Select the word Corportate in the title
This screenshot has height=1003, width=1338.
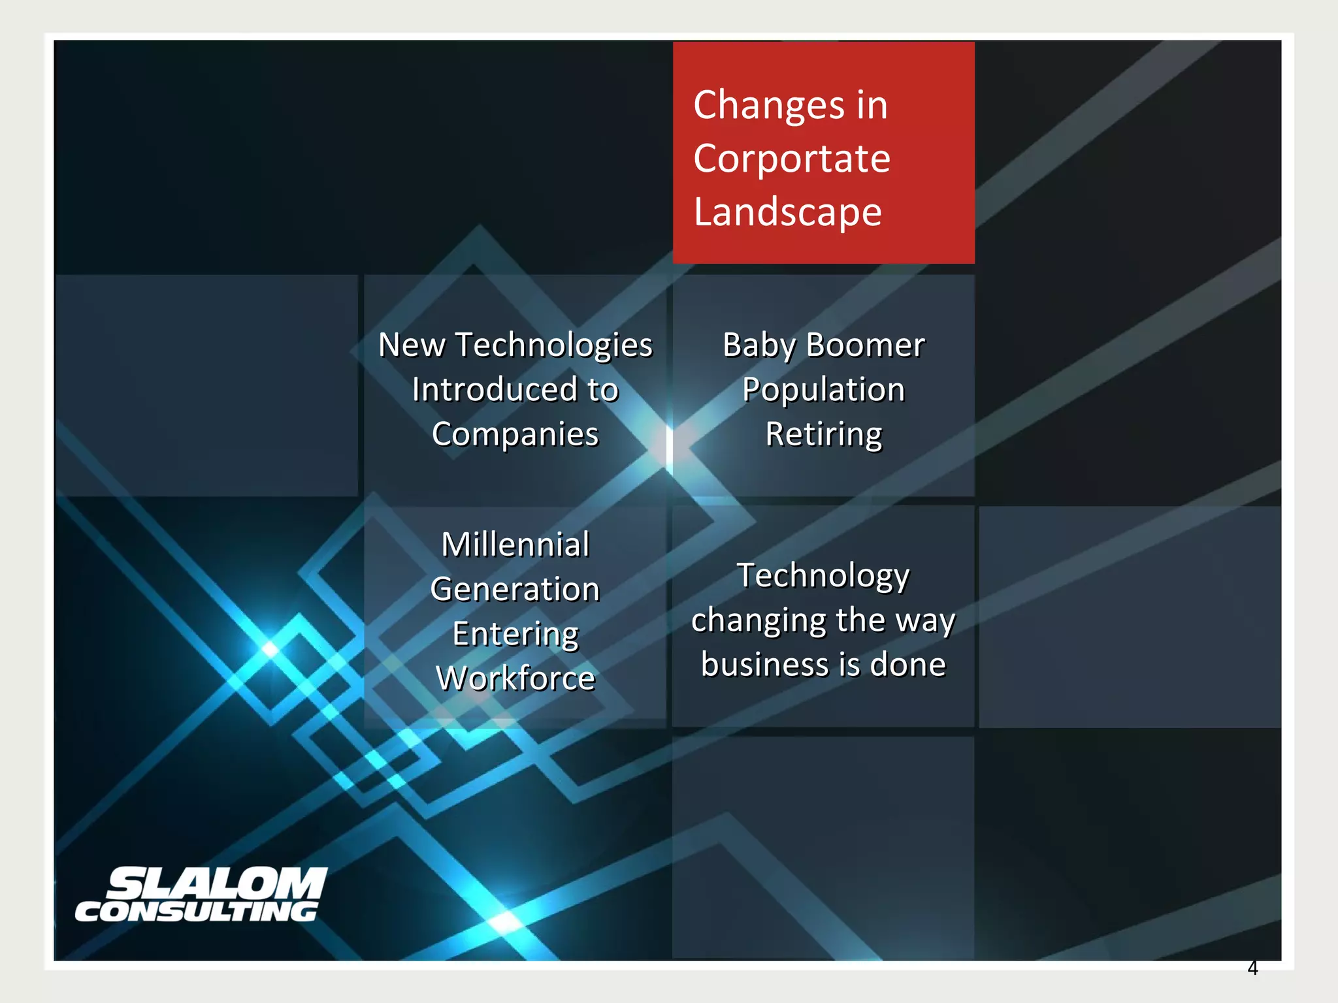click(792, 159)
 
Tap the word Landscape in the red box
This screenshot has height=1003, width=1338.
click(787, 212)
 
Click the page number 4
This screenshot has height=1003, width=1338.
click(1252, 968)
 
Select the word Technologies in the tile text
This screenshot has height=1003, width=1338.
click(554, 345)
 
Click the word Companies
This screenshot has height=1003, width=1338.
click(515, 434)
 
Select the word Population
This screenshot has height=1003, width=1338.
click(823, 390)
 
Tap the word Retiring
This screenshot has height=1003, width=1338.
click(823, 434)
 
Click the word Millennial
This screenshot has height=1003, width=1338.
click(515, 545)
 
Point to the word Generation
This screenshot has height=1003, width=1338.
click(515, 589)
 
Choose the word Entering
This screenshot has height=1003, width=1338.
click(515, 634)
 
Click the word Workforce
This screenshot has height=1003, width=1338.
click(515, 678)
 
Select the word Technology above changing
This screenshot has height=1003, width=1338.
click(823, 576)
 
